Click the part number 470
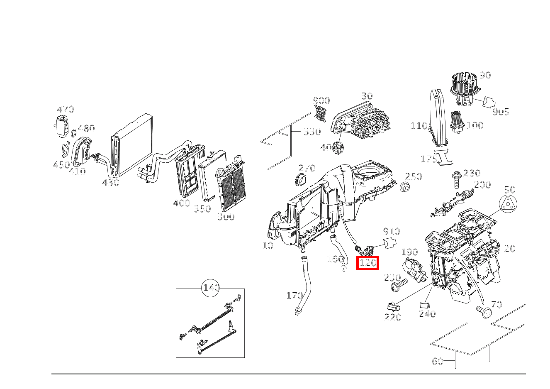(65, 109)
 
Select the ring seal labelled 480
(73, 133)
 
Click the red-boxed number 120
(368, 263)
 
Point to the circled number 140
(211, 288)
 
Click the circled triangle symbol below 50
(509, 205)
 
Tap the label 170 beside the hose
(294, 296)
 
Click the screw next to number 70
(483, 311)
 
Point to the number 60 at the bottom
(438, 361)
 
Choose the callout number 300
(226, 216)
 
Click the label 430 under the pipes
(111, 182)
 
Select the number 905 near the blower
(501, 111)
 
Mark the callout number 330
(312, 132)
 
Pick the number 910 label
(391, 231)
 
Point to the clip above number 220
(392, 307)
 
